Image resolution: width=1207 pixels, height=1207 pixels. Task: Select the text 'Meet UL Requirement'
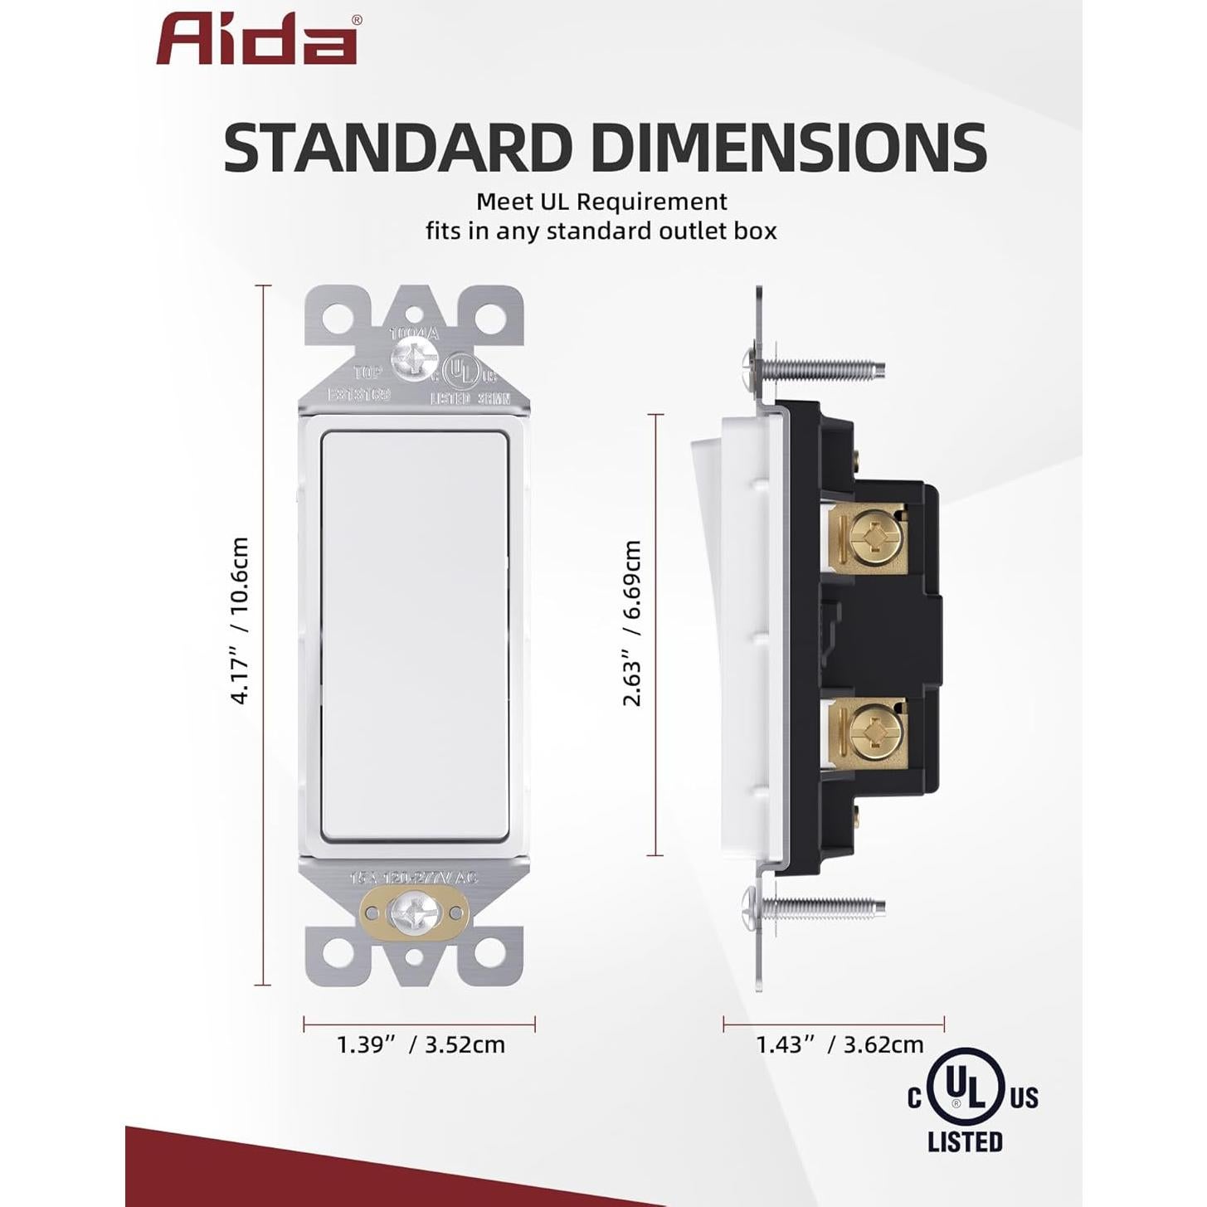click(x=601, y=202)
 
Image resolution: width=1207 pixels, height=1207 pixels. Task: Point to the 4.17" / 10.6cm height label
click(x=239, y=621)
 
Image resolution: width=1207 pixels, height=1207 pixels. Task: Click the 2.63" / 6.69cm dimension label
click(x=632, y=623)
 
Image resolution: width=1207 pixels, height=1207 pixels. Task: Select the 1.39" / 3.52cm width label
click(x=421, y=1044)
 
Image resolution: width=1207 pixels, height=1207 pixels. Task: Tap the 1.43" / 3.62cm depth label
click(x=840, y=1044)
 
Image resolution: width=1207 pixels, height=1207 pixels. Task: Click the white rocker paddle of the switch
click(x=414, y=635)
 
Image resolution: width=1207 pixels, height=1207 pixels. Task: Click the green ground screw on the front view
click(x=414, y=913)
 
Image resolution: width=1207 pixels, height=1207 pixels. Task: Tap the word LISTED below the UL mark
click(x=966, y=1142)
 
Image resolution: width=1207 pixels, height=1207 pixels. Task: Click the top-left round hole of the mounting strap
click(x=337, y=316)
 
